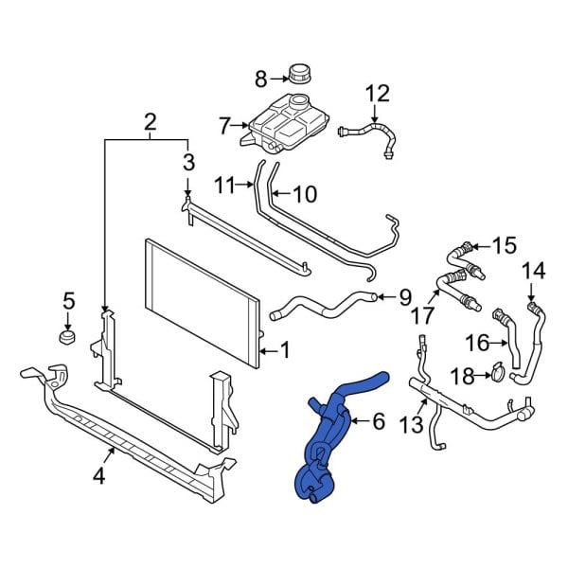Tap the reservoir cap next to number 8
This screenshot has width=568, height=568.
(302, 73)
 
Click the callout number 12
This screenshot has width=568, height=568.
(377, 93)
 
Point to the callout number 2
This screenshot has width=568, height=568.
(150, 121)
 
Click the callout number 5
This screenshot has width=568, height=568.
(68, 302)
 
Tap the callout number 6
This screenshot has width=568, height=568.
(379, 421)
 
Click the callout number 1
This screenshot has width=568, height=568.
(285, 352)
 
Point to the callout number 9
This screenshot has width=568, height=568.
(404, 298)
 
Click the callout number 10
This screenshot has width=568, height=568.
(304, 195)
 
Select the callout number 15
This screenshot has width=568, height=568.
(504, 245)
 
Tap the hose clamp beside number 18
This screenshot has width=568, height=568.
(493, 377)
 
